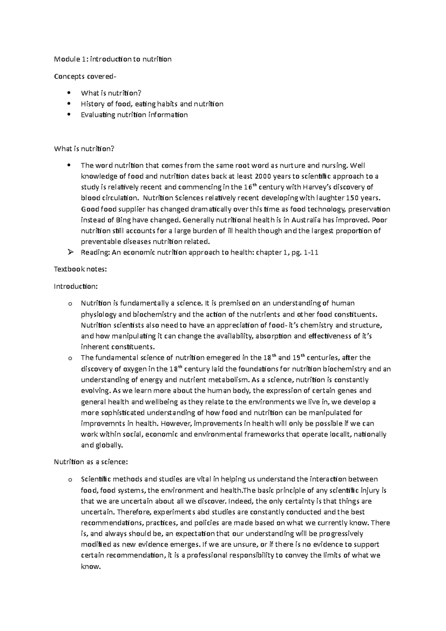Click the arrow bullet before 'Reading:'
(71, 253)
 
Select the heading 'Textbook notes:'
(80, 270)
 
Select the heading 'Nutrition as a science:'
(91, 462)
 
